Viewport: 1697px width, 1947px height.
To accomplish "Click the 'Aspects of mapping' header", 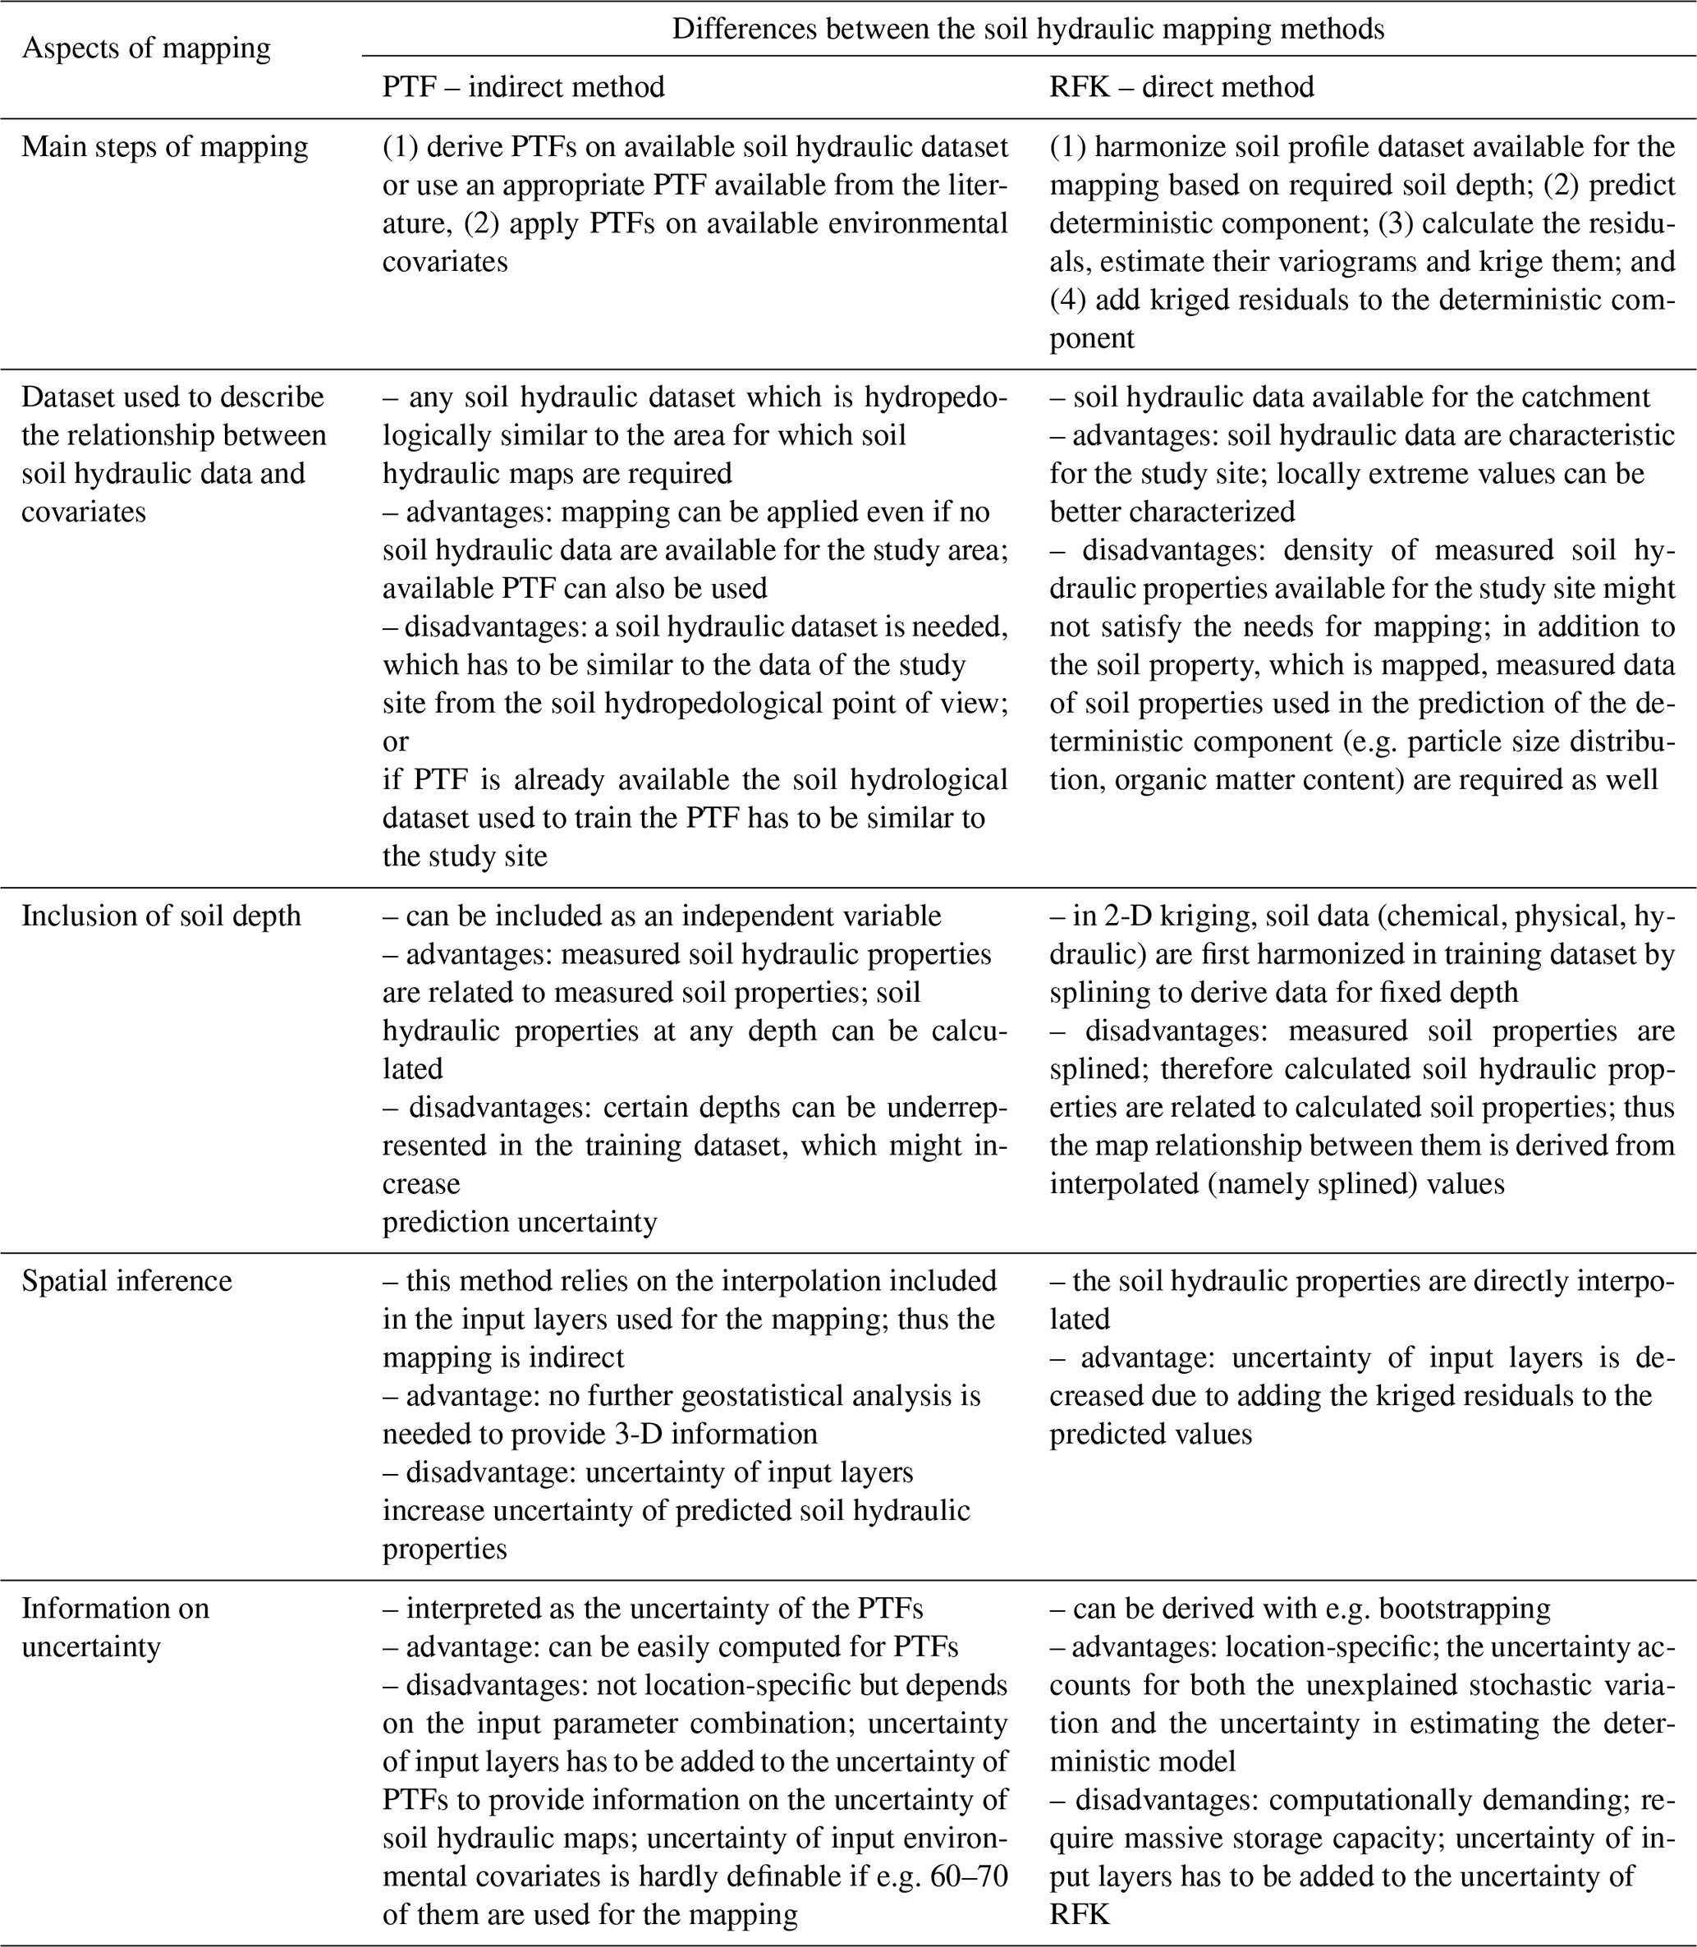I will coord(146,48).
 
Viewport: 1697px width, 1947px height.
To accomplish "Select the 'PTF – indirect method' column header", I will coord(523,87).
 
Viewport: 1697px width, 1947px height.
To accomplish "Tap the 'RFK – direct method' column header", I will coord(1182,87).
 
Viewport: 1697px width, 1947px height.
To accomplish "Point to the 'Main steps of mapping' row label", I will coord(165,147).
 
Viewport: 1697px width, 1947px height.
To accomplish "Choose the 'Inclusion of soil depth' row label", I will coord(161,916).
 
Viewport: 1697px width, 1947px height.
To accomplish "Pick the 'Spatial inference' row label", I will coord(127,1280).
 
